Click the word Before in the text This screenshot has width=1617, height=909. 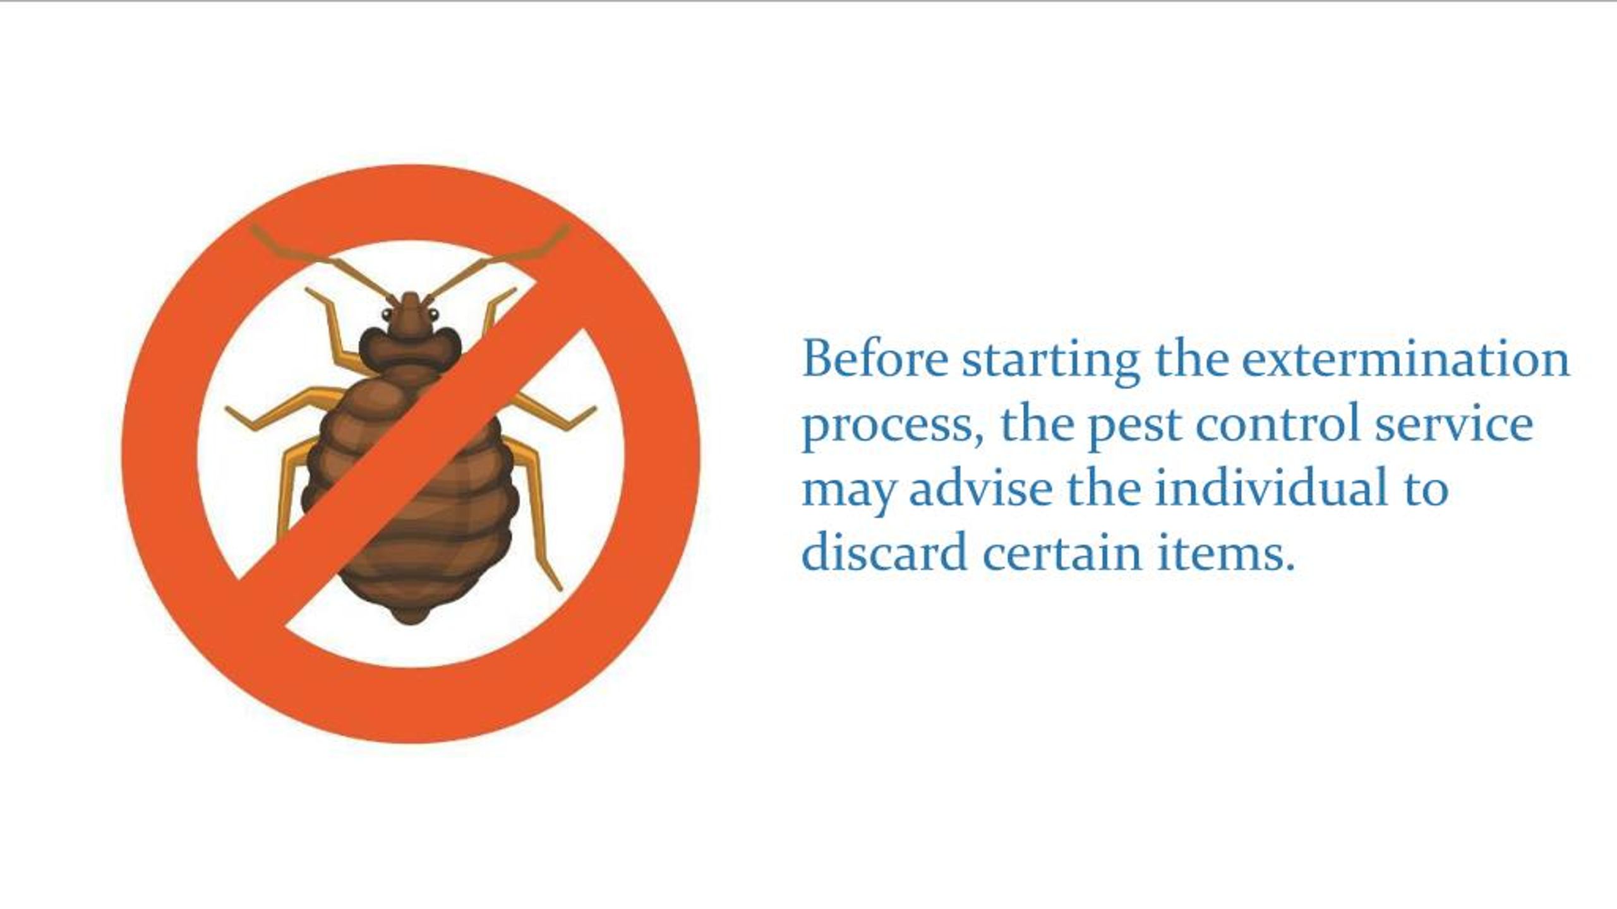point(875,359)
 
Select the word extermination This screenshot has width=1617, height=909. point(1405,359)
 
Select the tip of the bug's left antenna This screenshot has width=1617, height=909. point(254,229)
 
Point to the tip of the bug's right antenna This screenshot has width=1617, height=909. point(567,229)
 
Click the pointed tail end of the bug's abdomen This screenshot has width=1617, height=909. point(411,621)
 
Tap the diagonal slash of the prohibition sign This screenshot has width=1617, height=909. point(411,454)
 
